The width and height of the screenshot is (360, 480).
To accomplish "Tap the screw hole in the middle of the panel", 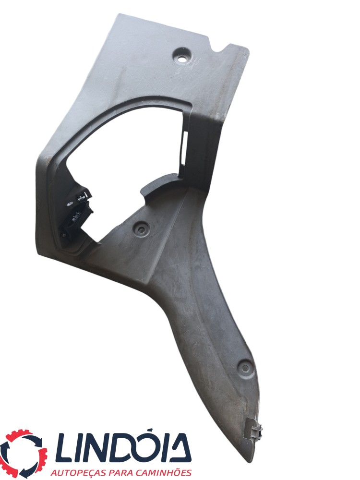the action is [141, 228].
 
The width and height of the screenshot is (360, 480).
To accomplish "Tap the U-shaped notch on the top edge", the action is [221, 49].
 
